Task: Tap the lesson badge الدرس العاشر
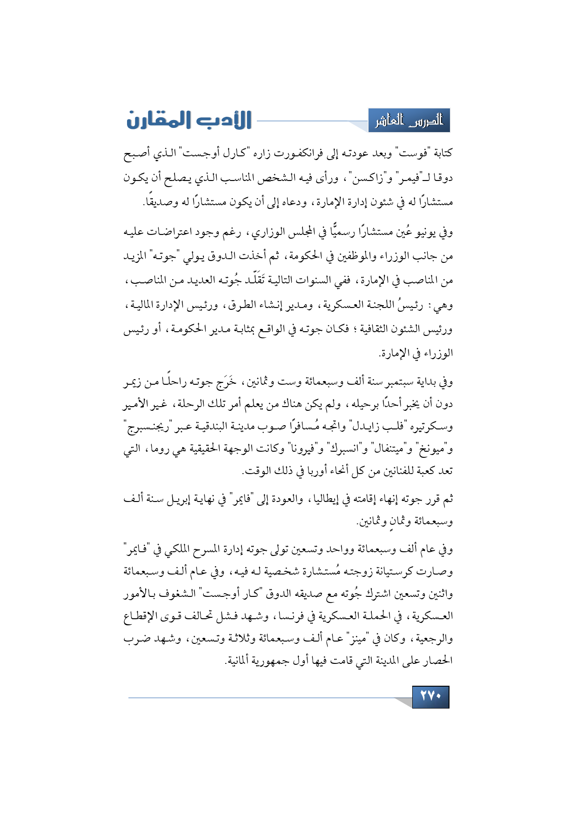[409, 121]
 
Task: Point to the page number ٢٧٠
[430, 696]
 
